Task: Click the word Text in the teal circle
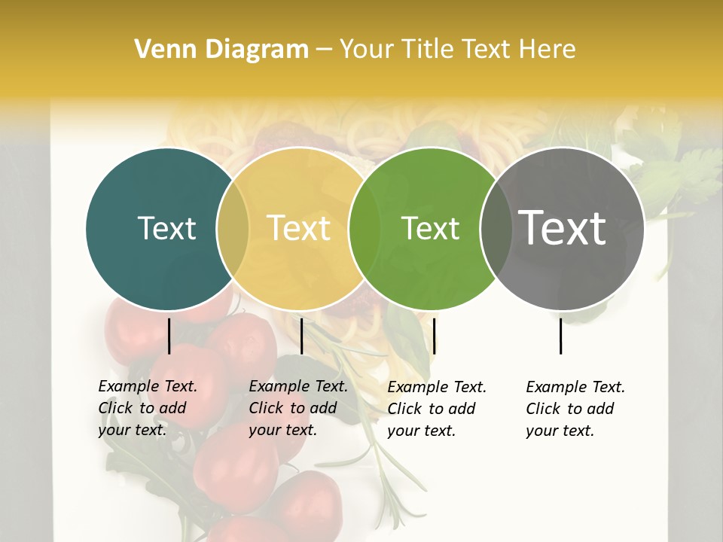point(166,228)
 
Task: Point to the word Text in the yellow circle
point(299,228)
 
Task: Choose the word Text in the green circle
point(430,228)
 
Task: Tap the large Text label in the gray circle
point(562,228)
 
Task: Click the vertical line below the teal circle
point(169,336)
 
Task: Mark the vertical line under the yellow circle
point(301,336)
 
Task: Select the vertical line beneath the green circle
point(435,336)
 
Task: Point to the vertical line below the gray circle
point(561,336)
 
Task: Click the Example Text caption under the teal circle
point(148,408)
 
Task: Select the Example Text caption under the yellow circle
point(298,408)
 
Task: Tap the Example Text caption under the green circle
point(437,409)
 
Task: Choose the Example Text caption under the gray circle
point(575,409)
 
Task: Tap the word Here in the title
point(550,50)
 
